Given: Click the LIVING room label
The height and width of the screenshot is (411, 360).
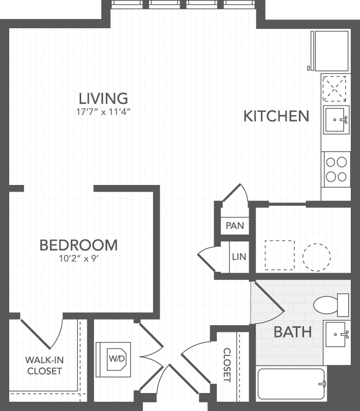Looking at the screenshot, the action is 103,99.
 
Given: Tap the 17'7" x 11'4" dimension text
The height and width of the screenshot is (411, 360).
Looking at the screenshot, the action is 103,112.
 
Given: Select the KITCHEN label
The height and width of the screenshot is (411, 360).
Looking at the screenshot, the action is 276,116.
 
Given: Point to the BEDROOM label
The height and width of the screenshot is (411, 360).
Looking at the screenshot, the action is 79,246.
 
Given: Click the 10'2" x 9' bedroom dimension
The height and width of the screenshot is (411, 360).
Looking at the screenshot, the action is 79,258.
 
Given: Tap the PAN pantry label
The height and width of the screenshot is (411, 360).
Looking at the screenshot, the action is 235,226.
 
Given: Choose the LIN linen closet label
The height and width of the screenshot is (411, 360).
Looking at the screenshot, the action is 239,256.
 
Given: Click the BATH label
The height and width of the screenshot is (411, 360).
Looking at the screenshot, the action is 293,332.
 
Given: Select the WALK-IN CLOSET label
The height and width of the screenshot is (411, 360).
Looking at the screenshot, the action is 45,365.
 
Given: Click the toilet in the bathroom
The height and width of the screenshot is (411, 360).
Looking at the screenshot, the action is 331,305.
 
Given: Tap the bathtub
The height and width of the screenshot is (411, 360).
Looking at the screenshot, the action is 291,383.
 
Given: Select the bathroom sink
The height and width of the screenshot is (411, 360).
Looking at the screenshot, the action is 337,334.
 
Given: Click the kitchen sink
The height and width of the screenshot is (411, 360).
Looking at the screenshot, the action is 336,120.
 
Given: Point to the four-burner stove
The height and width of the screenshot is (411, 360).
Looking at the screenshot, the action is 336,170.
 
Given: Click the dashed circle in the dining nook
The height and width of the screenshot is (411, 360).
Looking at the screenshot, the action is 316,257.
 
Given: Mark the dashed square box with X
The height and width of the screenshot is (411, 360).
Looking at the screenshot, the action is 334,88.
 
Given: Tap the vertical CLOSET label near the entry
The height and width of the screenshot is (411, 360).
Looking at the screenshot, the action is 227,365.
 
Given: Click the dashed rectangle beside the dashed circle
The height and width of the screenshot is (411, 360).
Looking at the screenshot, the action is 279,255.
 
